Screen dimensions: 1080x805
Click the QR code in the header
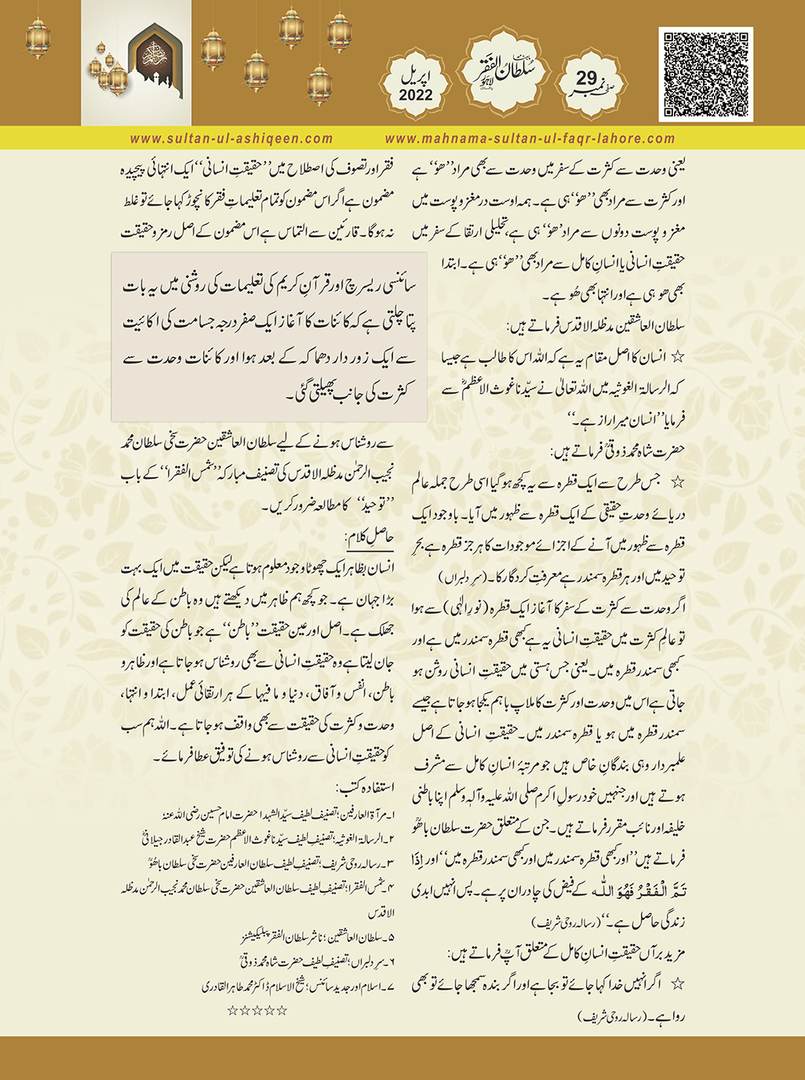coord(706,74)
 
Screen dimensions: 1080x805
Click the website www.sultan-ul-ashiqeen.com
coord(231,139)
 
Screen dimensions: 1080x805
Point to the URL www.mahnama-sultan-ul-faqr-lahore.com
coord(530,139)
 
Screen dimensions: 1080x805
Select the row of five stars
coord(257,1010)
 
